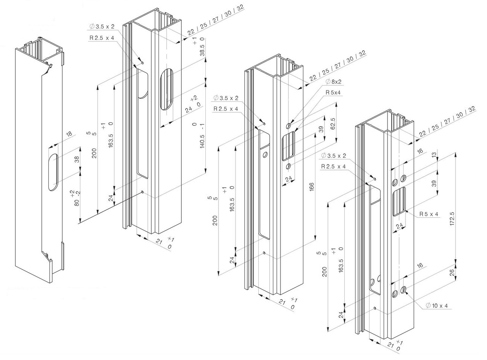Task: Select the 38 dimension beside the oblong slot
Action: pyautogui.click(x=78, y=159)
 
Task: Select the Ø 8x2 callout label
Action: pyautogui.click(x=334, y=81)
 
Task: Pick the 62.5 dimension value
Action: pyautogui.click(x=333, y=123)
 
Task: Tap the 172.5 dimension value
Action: pyautogui.click(x=452, y=218)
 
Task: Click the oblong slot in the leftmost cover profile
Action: pyautogui.click(x=53, y=172)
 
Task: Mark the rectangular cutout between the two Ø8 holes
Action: pyautogui.click(x=289, y=147)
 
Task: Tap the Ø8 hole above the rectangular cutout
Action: pyautogui.click(x=288, y=125)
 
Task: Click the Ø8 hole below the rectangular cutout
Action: pyautogui.click(x=288, y=166)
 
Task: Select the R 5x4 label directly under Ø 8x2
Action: pyautogui.click(x=333, y=92)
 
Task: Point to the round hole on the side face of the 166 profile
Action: pyautogui.click(x=265, y=154)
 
